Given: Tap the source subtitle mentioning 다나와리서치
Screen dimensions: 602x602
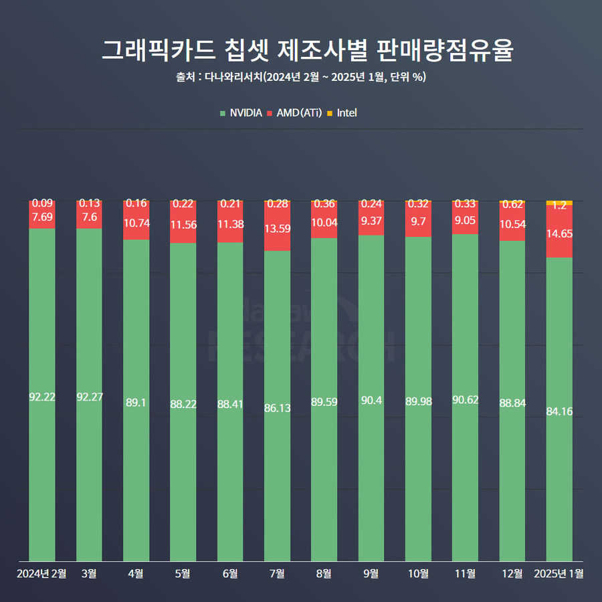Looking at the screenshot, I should pyautogui.click(x=301, y=77).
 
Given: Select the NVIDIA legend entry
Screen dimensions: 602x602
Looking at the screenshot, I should pyautogui.click(x=241, y=113).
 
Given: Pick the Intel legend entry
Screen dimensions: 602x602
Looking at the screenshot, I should pyautogui.click(x=342, y=113).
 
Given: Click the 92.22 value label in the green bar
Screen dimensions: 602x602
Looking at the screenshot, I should pyautogui.click(x=42, y=397).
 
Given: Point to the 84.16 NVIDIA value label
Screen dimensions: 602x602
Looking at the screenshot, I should pyautogui.click(x=559, y=411).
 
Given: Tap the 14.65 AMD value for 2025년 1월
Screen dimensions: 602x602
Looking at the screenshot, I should pyautogui.click(x=559, y=233).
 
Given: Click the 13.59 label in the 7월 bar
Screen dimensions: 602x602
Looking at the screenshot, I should pyautogui.click(x=277, y=229).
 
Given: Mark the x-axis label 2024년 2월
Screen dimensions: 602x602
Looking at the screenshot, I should pyautogui.click(x=42, y=573).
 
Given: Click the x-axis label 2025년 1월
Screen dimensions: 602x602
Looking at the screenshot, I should pyautogui.click(x=559, y=573).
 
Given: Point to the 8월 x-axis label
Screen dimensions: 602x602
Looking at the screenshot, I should pyautogui.click(x=324, y=573).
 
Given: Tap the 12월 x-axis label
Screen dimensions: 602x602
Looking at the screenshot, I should pyautogui.click(x=512, y=573).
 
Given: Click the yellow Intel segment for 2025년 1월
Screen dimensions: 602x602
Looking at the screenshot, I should pyautogui.click(x=559, y=203).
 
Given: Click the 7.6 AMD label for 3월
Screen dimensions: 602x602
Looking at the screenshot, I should pyautogui.click(x=89, y=217).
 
